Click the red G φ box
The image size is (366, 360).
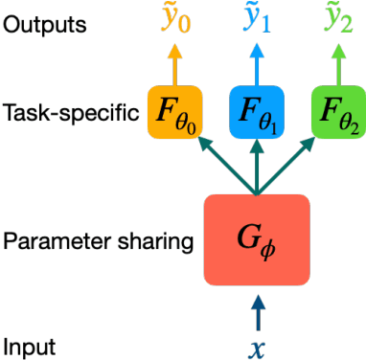point(256,239)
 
